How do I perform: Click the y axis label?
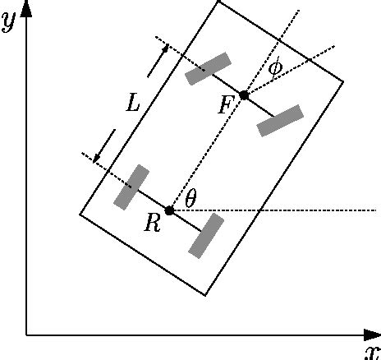tap(10, 21)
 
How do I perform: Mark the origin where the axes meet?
tap(26, 335)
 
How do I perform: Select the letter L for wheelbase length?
tap(134, 103)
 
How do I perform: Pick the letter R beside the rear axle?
tap(152, 224)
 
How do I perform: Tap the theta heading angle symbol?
tap(190, 197)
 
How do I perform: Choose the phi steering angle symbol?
tap(275, 65)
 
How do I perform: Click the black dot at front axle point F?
tap(244, 95)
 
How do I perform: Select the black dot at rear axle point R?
tap(169, 210)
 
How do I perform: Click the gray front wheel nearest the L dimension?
tap(208, 69)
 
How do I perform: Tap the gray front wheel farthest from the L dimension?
tap(280, 120)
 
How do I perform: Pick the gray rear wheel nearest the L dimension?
tap(131, 187)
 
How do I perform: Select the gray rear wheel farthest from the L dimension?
tap(205, 236)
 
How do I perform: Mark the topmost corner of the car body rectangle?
tap(219, 2)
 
